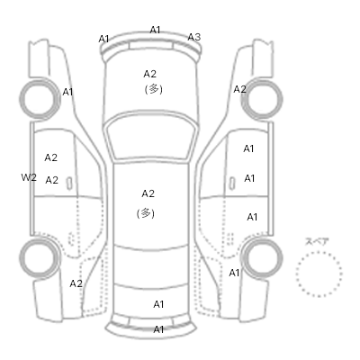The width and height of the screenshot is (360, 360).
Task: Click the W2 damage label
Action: coord(29,177)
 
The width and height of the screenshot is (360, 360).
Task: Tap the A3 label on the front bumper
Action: coord(193,37)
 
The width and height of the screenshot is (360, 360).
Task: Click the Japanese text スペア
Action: coord(317,241)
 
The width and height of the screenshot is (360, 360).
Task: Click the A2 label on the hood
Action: coord(150,74)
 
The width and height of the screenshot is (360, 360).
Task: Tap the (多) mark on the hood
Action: coord(154,89)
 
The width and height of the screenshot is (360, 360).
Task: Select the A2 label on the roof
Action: coord(148,193)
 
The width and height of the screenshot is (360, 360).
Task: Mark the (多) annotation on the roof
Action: coord(146,213)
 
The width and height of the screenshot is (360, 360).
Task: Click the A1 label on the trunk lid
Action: coord(158,304)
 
